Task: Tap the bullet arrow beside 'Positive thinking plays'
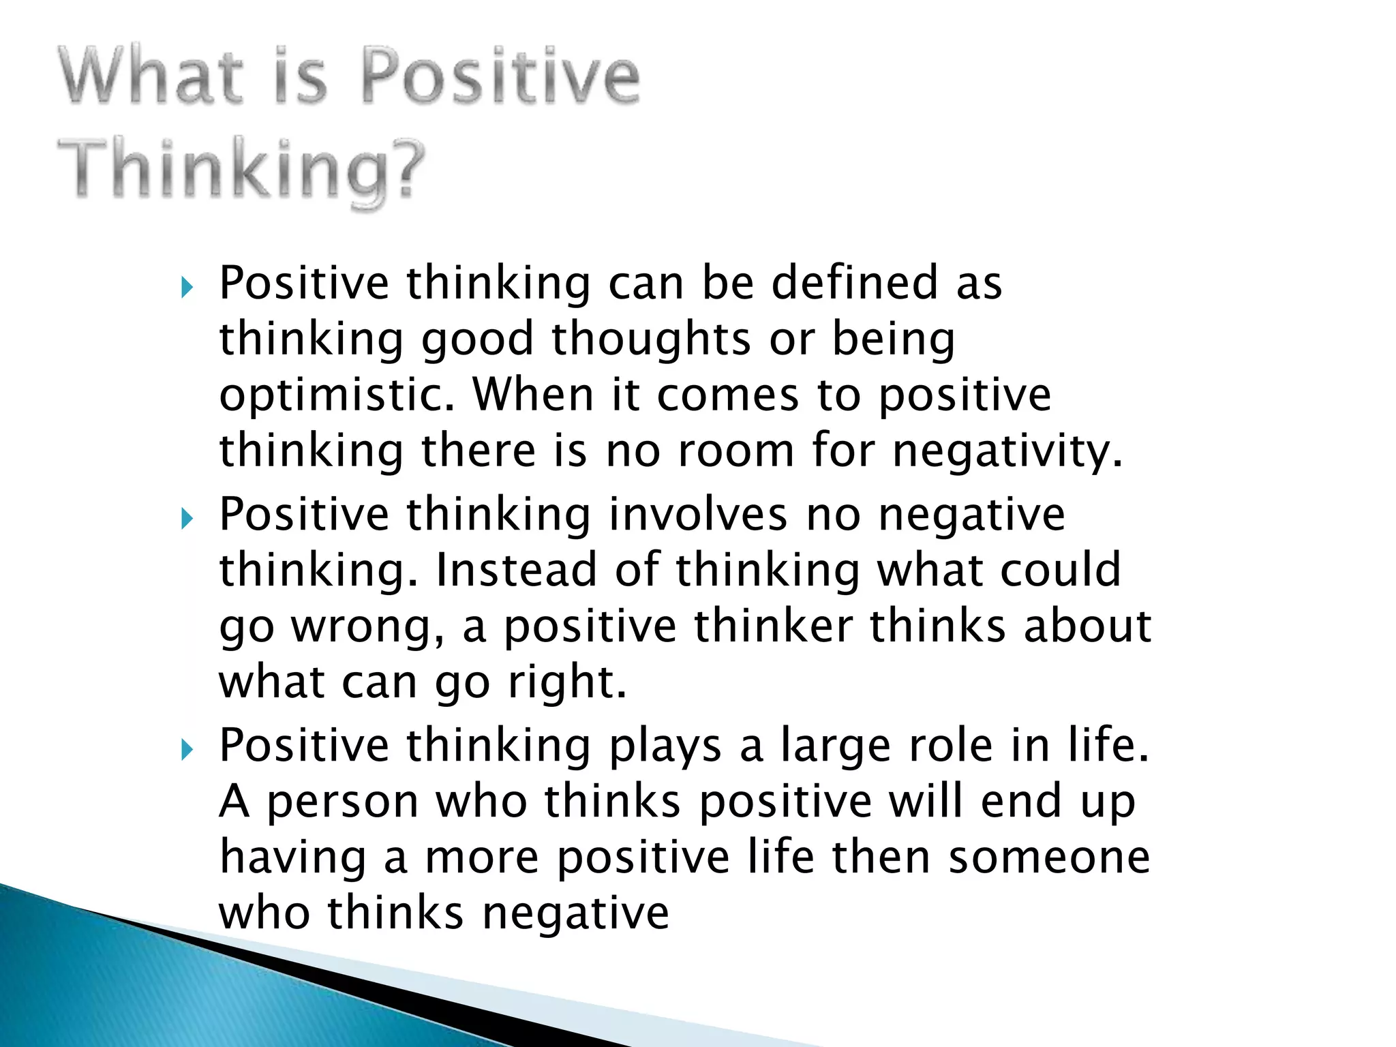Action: pyautogui.click(x=187, y=750)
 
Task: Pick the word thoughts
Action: pyautogui.click(x=651, y=339)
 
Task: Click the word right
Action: pyautogui.click(x=566, y=682)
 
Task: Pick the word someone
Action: pyautogui.click(x=1050, y=857)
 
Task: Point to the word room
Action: pyautogui.click(x=736, y=451)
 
